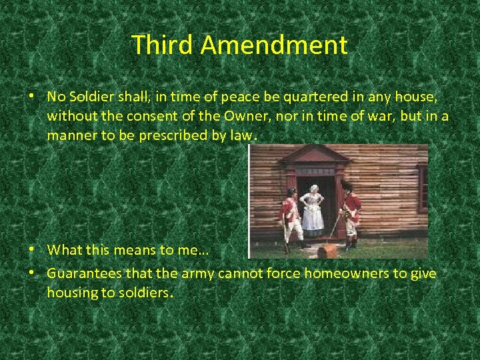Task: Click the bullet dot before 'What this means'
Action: pos(31,250)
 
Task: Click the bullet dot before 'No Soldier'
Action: pos(31,97)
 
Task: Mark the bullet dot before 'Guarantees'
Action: pos(31,274)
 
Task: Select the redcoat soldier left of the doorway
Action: pos(290,217)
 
